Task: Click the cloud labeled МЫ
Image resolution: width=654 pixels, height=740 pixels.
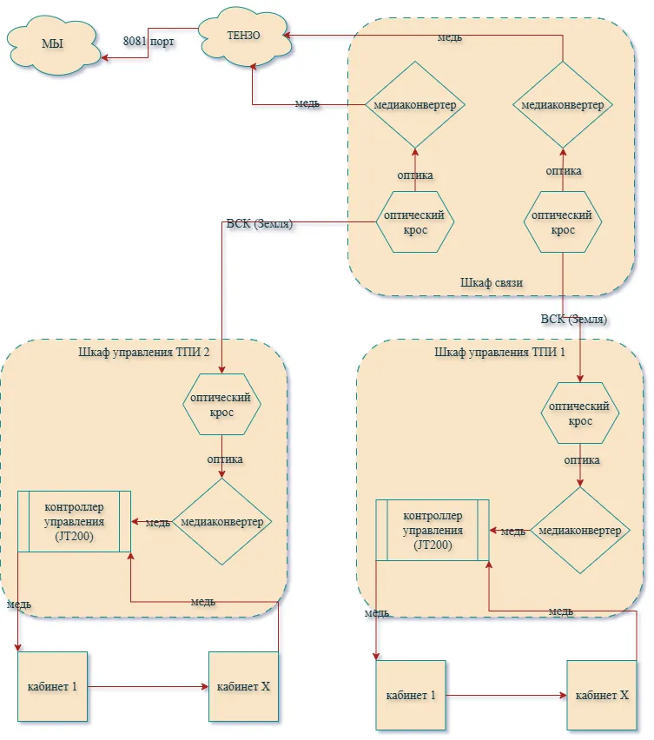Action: point(53,45)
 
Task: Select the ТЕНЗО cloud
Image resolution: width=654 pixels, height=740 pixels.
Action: point(244,36)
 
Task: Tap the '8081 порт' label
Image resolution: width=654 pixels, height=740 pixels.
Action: point(149,42)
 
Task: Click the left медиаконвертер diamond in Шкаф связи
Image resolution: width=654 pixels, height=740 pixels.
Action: point(415,105)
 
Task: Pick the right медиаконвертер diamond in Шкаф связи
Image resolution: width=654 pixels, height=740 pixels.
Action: point(563,105)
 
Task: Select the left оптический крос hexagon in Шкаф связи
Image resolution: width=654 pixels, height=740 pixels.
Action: point(415,221)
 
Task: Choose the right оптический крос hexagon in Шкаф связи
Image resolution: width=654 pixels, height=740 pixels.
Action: point(563,221)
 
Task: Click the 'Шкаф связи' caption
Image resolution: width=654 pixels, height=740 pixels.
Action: point(492,282)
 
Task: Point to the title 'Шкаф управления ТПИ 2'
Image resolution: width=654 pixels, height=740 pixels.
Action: point(144,352)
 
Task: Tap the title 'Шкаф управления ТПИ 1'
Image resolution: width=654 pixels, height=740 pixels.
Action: point(499,352)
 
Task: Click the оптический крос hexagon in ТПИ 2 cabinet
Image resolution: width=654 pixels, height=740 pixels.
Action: point(221,405)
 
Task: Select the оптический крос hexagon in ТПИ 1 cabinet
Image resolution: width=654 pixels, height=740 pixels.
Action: point(580,413)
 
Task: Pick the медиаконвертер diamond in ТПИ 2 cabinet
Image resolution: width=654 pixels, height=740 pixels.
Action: point(221,521)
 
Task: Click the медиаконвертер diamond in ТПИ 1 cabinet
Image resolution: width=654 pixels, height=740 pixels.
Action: point(580,531)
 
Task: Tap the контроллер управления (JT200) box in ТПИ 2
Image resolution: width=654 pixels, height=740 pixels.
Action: point(74,521)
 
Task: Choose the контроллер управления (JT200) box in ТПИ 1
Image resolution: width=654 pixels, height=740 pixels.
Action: point(433,531)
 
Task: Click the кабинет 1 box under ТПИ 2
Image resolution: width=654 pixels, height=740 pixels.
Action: point(52,687)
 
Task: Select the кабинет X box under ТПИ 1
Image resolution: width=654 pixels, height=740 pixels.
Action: point(602,695)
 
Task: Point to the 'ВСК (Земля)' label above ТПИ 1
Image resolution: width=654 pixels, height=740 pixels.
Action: point(574,320)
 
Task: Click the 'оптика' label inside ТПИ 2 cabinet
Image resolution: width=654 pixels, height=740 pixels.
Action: point(225,459)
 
